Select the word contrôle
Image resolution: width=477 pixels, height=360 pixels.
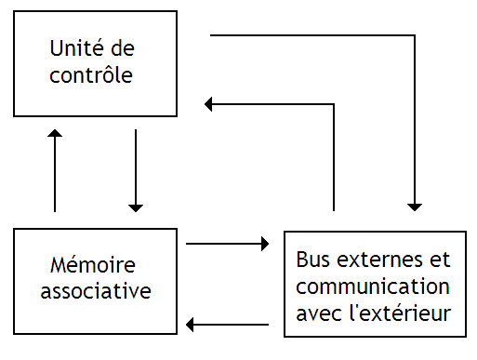click(93, 74)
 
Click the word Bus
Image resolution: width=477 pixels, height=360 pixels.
click(312, 258)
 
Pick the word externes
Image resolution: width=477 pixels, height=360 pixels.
click(381, 258)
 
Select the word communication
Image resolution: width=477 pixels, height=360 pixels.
click(373, 286)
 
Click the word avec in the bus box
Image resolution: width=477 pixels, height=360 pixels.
click(317, 313)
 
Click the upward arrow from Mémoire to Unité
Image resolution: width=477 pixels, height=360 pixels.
click(56, 172)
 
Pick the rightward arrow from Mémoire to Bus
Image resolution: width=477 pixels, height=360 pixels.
click(228, 244)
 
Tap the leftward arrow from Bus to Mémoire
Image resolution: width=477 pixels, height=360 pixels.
click(228, 324)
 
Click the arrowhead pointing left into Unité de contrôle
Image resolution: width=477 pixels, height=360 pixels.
click(210, 104)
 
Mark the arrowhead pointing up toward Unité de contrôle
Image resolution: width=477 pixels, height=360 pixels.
click(56, 136)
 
